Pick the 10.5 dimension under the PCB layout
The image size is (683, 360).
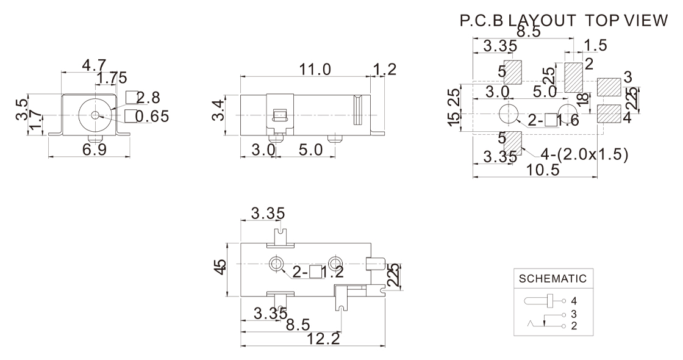(543, 170)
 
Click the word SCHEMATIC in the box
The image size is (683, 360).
(552, 279)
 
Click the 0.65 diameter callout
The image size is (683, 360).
(151, 116)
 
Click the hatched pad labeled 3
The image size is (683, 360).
(608, 87)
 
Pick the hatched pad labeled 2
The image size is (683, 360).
(573, 77)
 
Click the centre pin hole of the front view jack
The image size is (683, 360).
(95, 115)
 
